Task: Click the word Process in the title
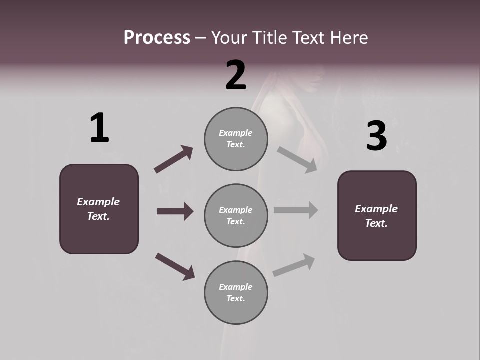pos(157,38)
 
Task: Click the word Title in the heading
pos(270,38)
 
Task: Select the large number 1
pos(99,128)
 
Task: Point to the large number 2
pos(236,75)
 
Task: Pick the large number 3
pos(376,136)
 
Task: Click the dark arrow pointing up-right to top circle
pos(174,159)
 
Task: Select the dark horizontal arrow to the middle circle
pos(175,211)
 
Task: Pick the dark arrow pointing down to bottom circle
pos(175,266)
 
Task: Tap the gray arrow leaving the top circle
pos(297,159)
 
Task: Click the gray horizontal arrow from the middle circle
pos(296,210)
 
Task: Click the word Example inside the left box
pos(98,202)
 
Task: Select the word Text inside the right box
pos(376,223)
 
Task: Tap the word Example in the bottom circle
pos(235,287)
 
